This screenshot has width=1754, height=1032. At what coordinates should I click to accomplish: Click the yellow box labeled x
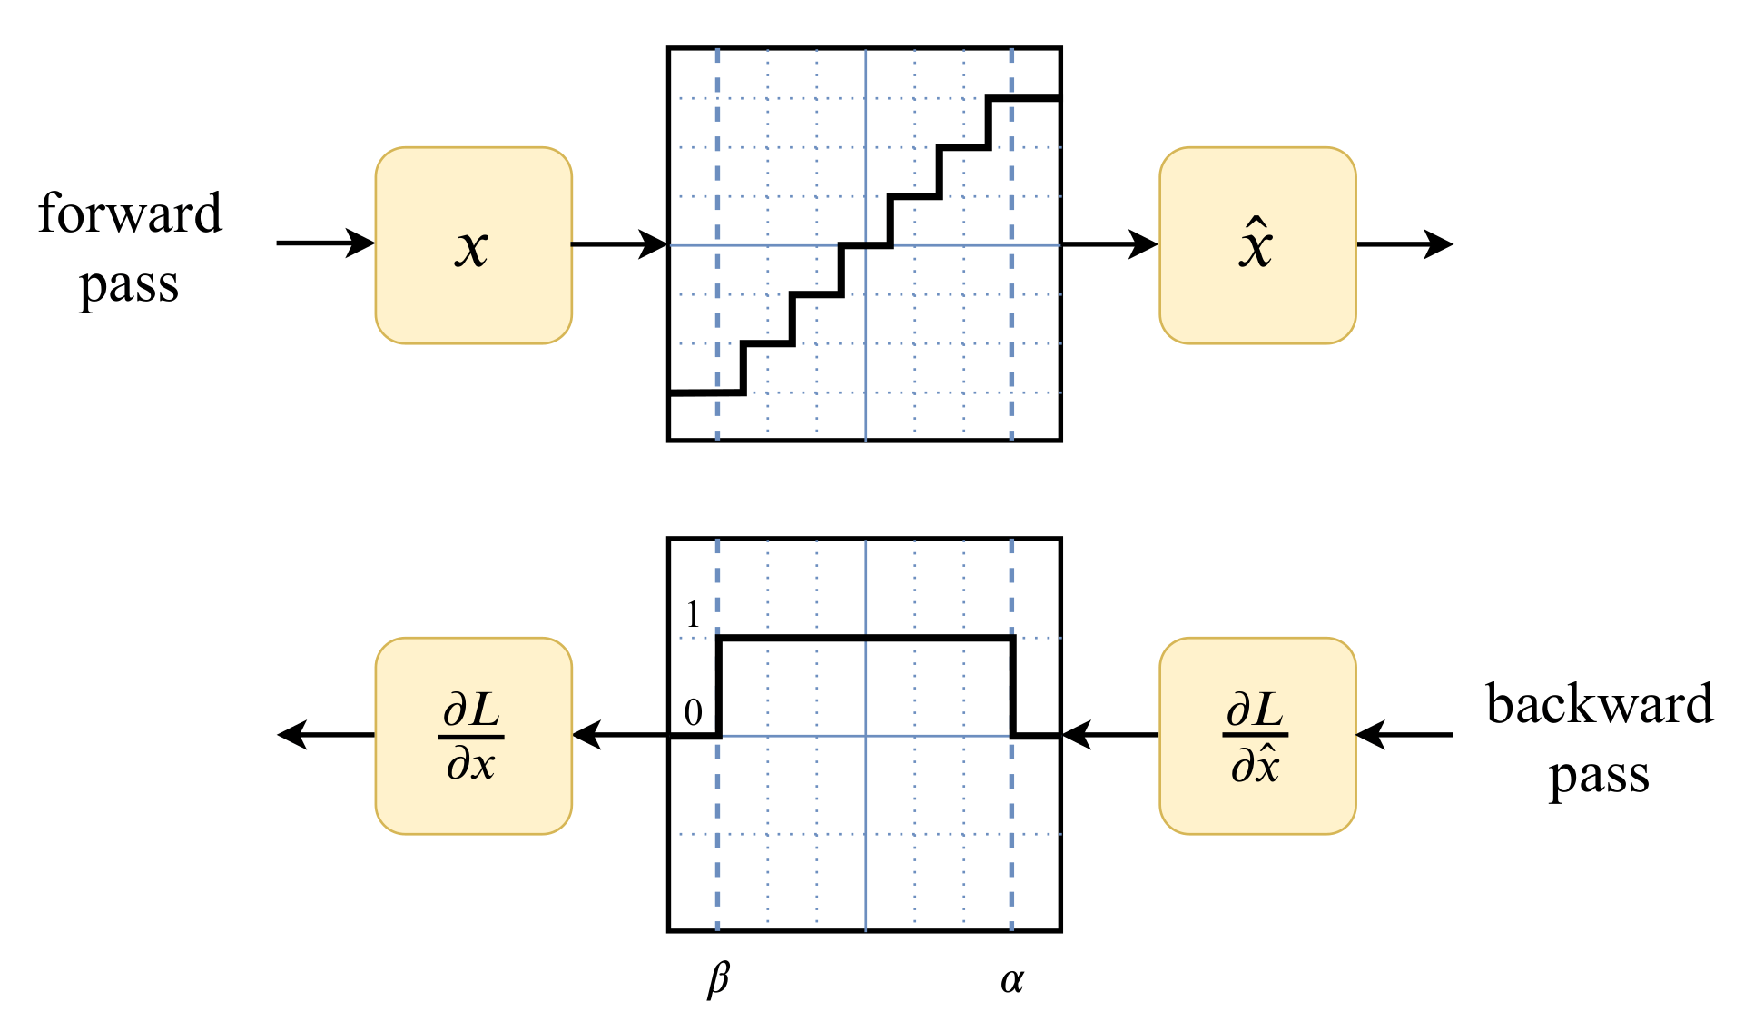pyautogui.click(x=473, y=245)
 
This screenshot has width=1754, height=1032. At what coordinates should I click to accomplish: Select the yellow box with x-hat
pyautogui.click(x=1257, y=245)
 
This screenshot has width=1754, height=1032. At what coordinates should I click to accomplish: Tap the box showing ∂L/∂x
pyautogui.click(x=473, y=736)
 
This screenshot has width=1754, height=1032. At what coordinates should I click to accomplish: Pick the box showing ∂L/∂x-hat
pyautogui.click(x=1257, y=736)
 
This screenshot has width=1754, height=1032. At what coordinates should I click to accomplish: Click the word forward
pyautogui.click(x=130, y=213)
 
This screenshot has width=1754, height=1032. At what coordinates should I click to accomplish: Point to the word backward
pyautogui.click(x=1599, y=704)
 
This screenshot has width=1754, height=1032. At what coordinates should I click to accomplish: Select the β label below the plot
pyautogui.click(x=718, y=979)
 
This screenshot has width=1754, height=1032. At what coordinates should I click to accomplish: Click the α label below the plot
pyautogui.click(x=1011, y=979)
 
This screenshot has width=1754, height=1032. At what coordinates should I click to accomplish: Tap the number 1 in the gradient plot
pyautogui.click(x=694, y=615)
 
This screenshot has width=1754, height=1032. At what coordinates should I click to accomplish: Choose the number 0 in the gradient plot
pyautogui.click(x=694, y=713)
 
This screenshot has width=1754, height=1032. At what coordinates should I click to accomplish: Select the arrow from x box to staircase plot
pyautogui.click(x=619, y=243)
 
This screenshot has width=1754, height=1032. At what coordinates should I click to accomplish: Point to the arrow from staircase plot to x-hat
pyautogui.click(x=1109, y=243)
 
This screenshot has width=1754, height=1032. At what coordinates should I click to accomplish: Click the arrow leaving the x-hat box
pyautogui.click(x=1404, y=243)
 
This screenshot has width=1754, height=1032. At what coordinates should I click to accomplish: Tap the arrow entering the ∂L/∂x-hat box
pyautogui.click(x=1404, y=734)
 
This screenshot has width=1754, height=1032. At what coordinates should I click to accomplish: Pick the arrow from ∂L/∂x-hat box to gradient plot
pyautogui.click(x=1109, y=734)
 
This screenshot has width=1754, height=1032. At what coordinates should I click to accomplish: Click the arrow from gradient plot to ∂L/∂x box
pyautogui.click(x=619, y=734)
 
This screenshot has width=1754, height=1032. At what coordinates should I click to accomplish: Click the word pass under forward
pyautogui.click(x=129, y=287)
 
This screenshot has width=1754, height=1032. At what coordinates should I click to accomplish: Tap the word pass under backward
pyautogui.click(x=1599, y=778)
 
